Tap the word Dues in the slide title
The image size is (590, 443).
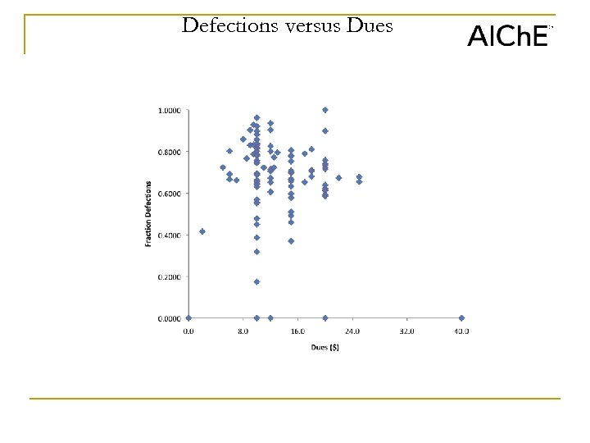[370, 26]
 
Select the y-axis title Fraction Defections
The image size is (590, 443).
[149, 213]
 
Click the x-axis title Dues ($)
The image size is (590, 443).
[324, 347]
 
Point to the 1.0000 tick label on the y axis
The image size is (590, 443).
[170, 110]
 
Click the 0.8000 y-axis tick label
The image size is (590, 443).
[170, 152]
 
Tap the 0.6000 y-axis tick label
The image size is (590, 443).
[170, 194]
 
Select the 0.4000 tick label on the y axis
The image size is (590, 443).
[170, 235]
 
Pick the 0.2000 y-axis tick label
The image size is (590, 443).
[170, 277]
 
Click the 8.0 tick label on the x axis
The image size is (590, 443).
[243, 331]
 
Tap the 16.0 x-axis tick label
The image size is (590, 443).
[297, 331]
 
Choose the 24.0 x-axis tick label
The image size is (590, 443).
[352, 331]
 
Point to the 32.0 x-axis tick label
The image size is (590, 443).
[407, 331]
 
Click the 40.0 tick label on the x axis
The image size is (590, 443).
[461, 331]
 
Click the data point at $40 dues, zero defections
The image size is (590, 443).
[461, 317]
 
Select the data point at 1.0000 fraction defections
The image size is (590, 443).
[325, 109]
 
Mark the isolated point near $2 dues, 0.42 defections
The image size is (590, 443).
[202, 231]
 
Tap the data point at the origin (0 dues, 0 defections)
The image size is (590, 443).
[188, 317]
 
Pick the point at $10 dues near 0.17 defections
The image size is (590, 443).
[256, 281]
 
